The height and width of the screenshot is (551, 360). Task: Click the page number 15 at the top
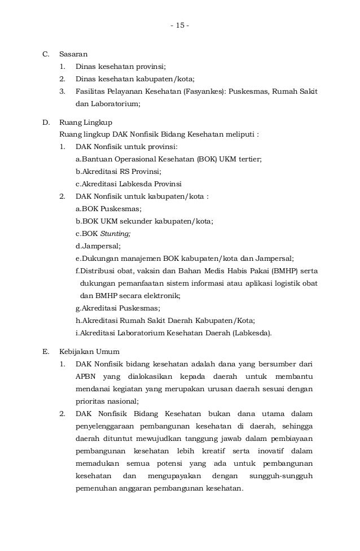(180, 26)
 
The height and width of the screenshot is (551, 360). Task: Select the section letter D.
(46, 123)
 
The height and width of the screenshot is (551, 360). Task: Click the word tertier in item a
(248, 159)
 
